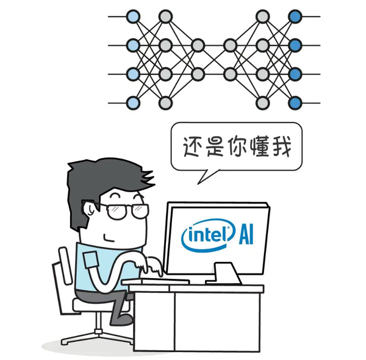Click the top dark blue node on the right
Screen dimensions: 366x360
295,16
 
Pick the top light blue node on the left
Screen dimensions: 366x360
133,16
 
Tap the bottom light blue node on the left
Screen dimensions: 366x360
133,103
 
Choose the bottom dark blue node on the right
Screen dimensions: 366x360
295,103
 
